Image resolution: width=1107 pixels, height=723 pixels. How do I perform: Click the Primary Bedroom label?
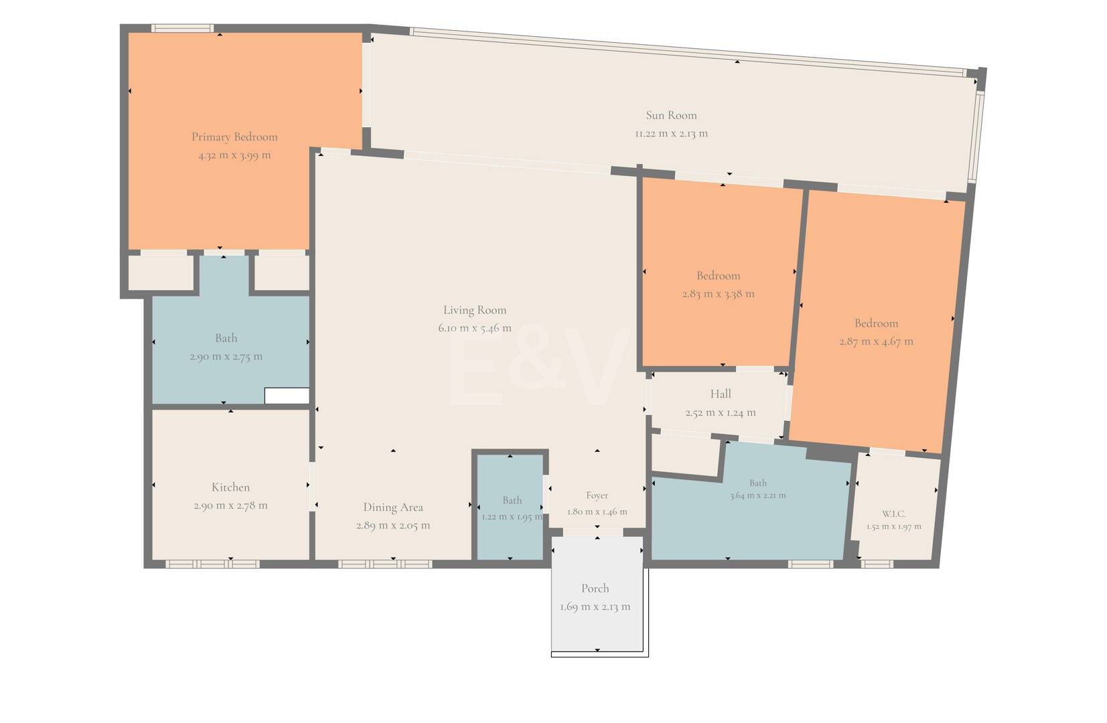[x=235, y=137]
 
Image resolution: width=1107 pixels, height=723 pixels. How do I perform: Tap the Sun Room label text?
[x=671, y=115]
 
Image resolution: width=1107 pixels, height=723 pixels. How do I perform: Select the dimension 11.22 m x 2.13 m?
[x=671, y=133]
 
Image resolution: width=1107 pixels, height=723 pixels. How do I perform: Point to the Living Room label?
[x=474, y=310]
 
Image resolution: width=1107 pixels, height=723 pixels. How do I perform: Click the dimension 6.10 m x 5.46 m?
[x=474, y=328]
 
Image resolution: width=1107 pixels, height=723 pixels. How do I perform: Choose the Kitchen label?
[x=231, y=487]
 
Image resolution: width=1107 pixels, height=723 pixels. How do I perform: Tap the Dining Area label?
[x=393, y=507]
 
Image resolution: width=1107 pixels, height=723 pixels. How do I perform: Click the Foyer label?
[x=597, y=495]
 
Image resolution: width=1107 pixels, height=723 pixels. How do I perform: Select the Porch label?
[x=595, y=588]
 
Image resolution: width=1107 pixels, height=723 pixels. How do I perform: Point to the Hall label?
[x=721, y=394]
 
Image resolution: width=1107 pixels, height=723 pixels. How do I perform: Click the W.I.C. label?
[x=893, y=514]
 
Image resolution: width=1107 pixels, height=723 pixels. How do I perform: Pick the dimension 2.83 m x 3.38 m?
[x=718, y=294]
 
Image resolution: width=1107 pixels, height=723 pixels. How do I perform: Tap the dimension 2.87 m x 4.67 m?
[x=876, y=341]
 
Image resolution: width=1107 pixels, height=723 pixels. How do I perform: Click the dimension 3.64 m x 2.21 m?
[x=757, y=495]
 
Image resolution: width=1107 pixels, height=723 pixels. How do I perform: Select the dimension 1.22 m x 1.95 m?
[x=512, y=517]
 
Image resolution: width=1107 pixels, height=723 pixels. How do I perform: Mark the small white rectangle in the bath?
[x=287, y=396]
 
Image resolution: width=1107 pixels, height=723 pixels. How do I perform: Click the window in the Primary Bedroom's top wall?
[x=182, y=29]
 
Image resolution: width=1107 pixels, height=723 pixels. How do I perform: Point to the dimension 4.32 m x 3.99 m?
[x=235, y=155]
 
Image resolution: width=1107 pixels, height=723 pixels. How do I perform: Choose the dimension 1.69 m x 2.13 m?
[x=595, y=607]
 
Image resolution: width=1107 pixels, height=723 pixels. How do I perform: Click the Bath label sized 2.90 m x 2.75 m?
[x=226, y=338]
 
